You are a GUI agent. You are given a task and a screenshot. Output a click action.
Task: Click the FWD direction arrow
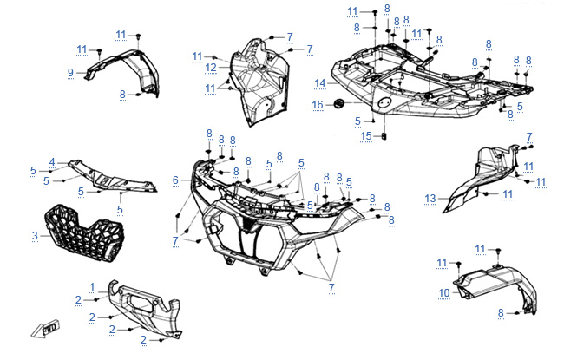[45, 329]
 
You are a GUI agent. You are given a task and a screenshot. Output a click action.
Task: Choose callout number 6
[175, 180]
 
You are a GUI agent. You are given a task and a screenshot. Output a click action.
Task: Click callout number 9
[70, 73]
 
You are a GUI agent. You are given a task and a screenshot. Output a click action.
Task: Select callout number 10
[444, 293]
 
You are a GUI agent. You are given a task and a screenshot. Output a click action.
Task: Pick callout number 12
[211, 68]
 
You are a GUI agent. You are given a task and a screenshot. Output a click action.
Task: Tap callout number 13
[430, 199]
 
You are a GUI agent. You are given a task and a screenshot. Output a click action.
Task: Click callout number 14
[320, 83]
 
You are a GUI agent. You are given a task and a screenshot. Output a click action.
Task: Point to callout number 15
[366, 136]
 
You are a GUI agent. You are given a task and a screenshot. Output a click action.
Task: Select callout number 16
[318, 105]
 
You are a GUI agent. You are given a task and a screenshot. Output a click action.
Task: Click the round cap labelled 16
[338, 103]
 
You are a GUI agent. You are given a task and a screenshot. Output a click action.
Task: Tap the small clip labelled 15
[384, 136]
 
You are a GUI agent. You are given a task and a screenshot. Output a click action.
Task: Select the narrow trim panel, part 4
[112, 177]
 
